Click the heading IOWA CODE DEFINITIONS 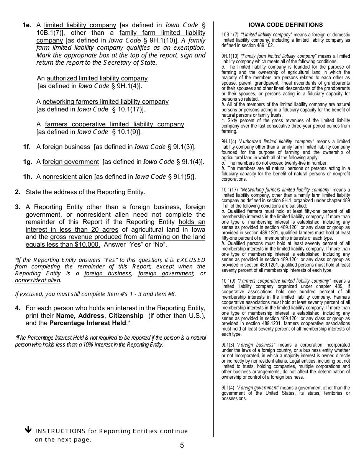[x=285, y=25]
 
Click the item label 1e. [x=27, y=25]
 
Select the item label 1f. [x=27, y=147]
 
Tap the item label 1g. [x=27, y=162]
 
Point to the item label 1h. [x=27, y=177]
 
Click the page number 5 [x=182, y=445]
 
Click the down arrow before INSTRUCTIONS [x=28, y=430]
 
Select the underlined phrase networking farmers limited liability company [x=105, y=102]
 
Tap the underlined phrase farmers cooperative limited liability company [x=115, y=124]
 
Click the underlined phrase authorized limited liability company [x=97, y=78]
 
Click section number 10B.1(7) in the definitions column [x=230, y=35]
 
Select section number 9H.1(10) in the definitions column [x=230, y=56]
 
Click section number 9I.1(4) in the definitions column [x=228, y=388]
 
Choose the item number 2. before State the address [x=18, y=192]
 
